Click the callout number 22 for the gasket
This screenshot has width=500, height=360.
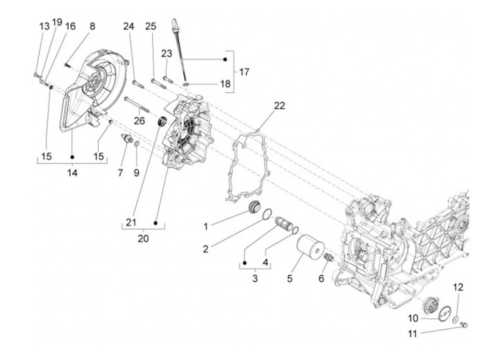pos(279,106)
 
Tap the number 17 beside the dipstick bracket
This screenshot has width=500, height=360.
pos(244,72)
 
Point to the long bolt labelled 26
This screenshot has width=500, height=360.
pos(137,105)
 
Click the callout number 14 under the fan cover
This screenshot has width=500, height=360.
pos(72,172)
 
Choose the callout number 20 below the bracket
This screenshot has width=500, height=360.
pos(143,238)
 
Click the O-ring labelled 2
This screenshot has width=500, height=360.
pos(267,213)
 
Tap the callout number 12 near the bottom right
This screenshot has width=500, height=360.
pos(458,287)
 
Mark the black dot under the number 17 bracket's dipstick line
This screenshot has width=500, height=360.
pos(225,59)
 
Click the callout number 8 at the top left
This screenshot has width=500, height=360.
pos(92,26)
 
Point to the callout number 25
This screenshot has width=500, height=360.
pos(151,26)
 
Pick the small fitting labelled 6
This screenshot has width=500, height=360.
pos(328,257)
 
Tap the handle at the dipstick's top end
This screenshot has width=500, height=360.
pos(174,24)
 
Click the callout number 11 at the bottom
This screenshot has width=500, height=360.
pos(412,334)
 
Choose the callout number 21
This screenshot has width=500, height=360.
pos(131,222)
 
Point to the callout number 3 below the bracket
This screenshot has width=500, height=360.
pos(255,278)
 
